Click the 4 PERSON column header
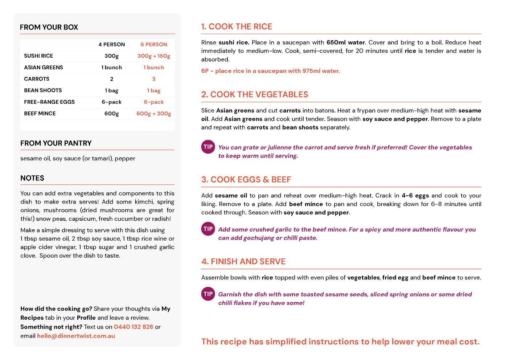coord(111,45)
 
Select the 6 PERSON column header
coord(154,45)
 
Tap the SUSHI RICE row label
coord(38,56)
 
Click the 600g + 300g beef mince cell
coord(154,114)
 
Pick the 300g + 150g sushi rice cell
coord(154,56)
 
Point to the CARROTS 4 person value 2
coord(112,79)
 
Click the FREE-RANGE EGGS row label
coord(49,102)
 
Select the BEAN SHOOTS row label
coord(43,90)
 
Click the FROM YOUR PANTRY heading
coord(56,143)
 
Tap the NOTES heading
coord(32,178)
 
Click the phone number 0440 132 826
coord(134,327)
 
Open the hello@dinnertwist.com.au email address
coord(76,336)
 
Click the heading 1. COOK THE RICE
coord(237,26)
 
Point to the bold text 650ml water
coord(345,42)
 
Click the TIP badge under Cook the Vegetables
coord(208,147)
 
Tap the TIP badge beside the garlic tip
coord(208,229)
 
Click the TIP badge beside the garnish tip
coord(208,294)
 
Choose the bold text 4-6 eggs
coord(415,196)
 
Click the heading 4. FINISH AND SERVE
coord(243,262)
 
